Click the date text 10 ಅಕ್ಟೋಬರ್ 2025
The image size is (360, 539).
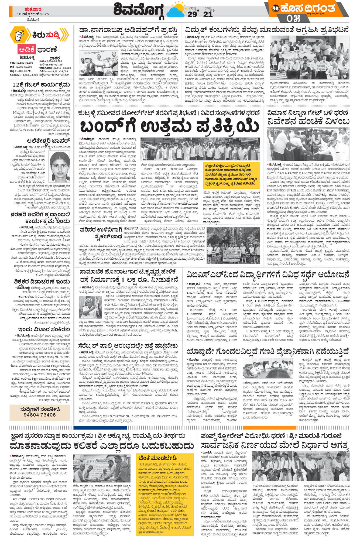click(x=33, y=14)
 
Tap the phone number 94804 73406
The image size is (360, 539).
click(x=40, y=415)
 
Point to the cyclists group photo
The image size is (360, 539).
click(x=233, y=246)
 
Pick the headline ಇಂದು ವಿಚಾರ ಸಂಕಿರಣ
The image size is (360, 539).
click(x=44, y=329)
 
